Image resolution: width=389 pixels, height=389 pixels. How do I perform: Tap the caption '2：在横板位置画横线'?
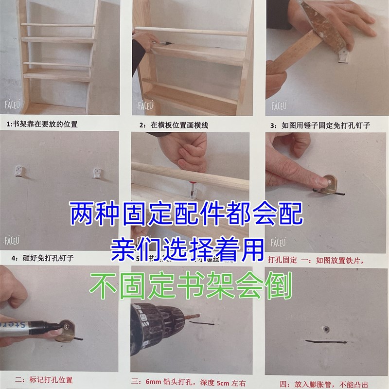click(x=174, y=125)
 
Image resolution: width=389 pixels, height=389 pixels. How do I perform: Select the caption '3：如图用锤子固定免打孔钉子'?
click(x=320, y=125)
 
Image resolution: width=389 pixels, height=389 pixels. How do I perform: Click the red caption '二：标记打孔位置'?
click(x=45, y=379)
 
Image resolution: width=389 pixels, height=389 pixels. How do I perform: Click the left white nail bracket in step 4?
click(x=21, y=172)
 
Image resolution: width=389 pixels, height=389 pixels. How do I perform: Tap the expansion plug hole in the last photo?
click(x=326, y=329)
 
